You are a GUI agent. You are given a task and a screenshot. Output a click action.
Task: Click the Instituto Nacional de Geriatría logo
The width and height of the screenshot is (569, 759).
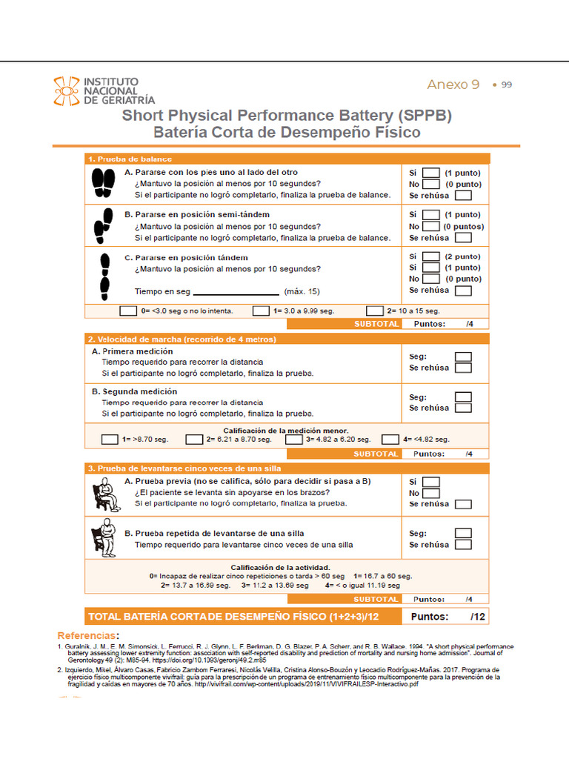[104, 90]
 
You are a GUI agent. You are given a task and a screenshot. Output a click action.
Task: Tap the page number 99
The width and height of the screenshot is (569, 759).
[507, 84]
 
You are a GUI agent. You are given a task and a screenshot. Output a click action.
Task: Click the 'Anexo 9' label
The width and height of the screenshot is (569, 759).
[453, 84]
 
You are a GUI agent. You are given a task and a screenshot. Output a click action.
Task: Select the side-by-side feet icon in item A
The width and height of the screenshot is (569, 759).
[103, 183]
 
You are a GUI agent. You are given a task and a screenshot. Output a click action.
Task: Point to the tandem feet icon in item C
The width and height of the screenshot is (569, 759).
[104, 275]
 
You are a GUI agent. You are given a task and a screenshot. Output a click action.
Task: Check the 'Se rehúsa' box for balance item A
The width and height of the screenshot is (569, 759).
[463, 196]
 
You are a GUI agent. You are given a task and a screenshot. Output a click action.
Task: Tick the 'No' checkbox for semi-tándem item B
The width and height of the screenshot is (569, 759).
[431, 227]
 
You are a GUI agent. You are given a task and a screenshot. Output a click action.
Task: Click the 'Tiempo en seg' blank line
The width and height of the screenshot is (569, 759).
[236, 292]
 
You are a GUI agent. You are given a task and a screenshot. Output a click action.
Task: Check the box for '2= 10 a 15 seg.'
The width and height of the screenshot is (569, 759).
[375, 311]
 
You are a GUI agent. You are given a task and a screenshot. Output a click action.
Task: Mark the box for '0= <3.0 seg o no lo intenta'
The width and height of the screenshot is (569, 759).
[128, 311]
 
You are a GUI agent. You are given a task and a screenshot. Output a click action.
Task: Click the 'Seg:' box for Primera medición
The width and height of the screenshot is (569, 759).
[463, 357]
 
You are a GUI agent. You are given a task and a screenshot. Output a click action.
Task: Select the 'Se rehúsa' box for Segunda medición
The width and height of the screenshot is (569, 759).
[463, 408]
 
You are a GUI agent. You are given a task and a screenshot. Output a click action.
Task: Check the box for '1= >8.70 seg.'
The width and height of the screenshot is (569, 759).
[110, 440]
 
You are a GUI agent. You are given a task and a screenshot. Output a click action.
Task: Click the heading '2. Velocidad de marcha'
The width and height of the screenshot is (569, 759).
[182, 339]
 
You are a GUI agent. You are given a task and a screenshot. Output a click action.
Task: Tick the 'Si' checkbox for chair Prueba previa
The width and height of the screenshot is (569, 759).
[431, 482]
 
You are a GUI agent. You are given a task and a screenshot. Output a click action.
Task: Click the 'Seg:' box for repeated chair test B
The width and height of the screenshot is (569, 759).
[463, 533]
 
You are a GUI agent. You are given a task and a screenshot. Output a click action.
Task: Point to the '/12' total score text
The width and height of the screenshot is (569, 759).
[477, 617]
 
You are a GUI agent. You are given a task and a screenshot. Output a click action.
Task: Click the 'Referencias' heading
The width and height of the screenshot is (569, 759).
[87, 636]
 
